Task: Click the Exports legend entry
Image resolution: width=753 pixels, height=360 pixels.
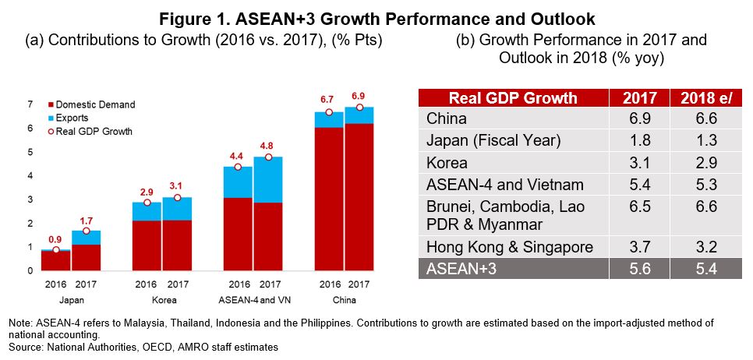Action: pos(72,118)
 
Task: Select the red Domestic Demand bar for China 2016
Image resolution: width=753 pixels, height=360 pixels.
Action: pos(329,199)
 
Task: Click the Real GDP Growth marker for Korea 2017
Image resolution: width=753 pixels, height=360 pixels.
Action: pos(177,198)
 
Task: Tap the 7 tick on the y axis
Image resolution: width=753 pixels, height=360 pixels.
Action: pos(30,104)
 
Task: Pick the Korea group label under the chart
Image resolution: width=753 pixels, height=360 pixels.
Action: pos(163,299)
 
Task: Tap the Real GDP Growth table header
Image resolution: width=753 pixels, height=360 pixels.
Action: pos(513,98)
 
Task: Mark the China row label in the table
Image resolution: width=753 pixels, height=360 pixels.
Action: pos(447,119)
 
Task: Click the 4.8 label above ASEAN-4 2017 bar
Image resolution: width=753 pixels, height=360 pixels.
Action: pos(268,145)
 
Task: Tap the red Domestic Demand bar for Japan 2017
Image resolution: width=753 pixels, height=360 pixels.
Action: pos(87,257)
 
